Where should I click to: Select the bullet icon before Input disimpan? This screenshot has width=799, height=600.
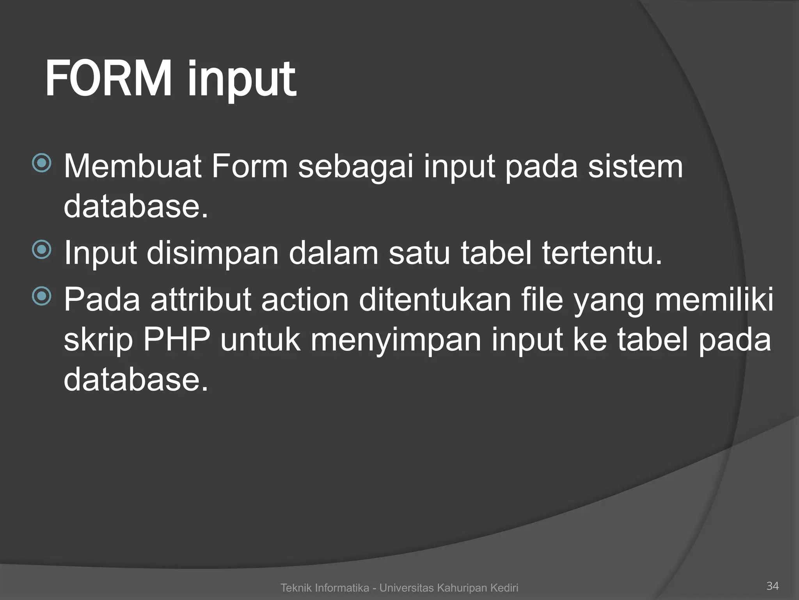pos(42,250)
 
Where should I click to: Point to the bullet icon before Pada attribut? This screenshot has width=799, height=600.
pos(42,296)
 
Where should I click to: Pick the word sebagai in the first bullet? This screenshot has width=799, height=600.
pos(355,167)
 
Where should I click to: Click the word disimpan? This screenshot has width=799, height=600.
pos(213,253)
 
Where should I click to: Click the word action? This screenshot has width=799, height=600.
pos(305,300)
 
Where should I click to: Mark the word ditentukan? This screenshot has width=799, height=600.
pos(435,300)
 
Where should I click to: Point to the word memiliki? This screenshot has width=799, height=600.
pos(714,300)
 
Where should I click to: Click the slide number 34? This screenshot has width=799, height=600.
pos(772,586)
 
